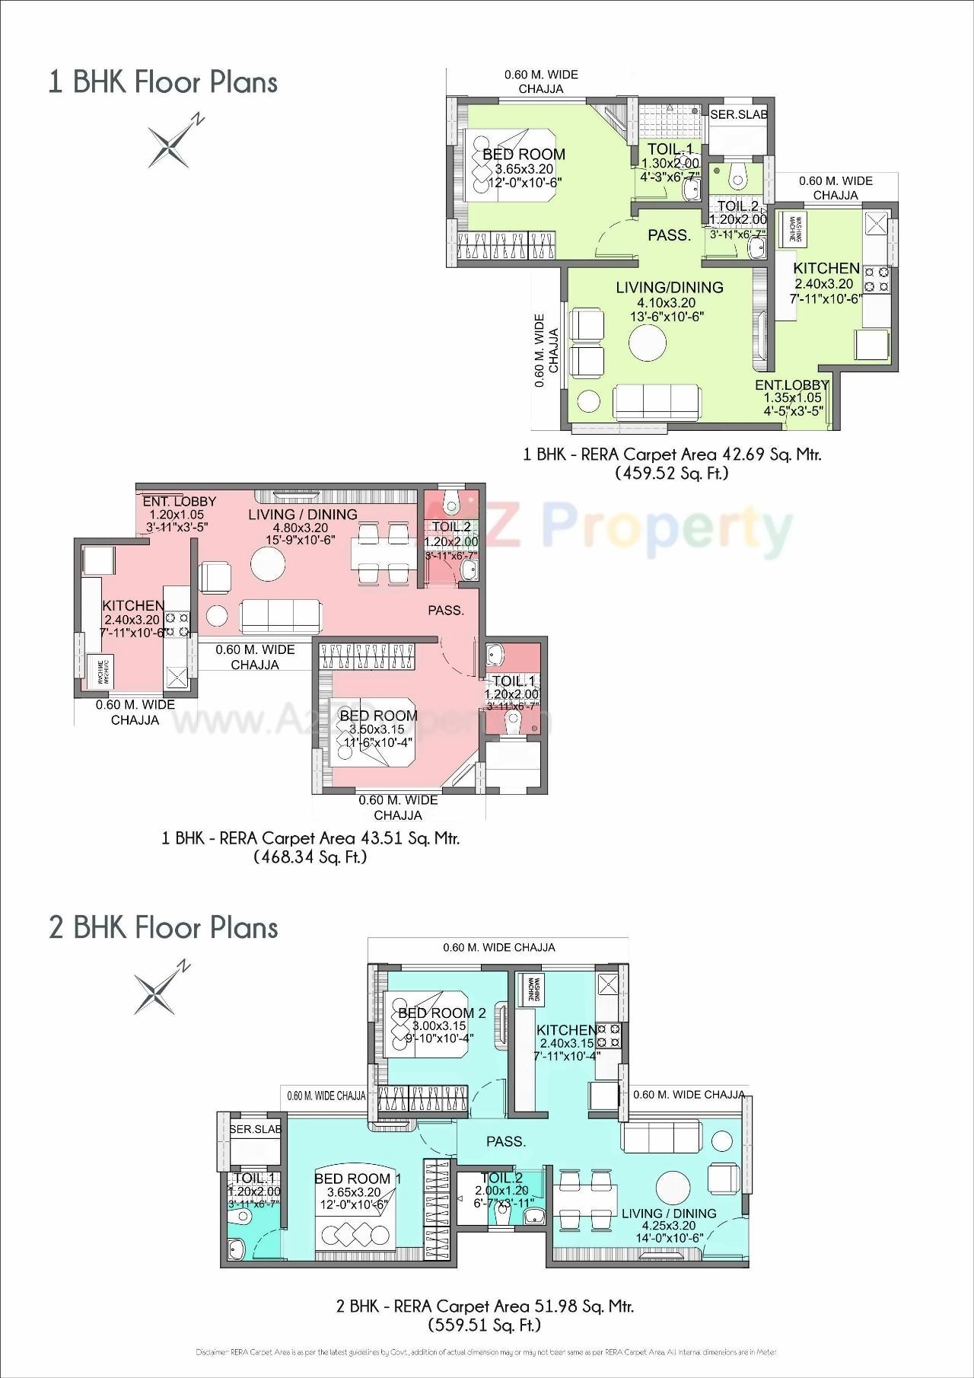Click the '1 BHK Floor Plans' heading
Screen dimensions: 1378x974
click(163, 82)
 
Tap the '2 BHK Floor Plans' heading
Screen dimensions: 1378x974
click(164, 927)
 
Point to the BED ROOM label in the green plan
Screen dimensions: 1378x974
click(524, 155)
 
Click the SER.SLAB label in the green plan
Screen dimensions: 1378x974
click(738, 115)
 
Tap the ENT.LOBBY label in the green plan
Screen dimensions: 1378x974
click(791, 385)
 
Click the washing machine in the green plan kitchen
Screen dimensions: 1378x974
click(793, 226)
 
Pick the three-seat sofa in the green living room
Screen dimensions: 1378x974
click(657, 400)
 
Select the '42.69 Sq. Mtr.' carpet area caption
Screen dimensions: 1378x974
click(672, 455)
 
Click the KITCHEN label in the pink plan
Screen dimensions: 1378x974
click(133, 605)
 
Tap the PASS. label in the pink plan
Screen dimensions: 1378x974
click(446, 610)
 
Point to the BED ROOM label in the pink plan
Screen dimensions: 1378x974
click(378, 716)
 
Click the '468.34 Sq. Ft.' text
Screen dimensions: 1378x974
click(310, 857)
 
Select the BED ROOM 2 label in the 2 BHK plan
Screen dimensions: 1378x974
click(441, 1013)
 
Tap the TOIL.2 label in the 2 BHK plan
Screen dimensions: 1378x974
click(501, 1178)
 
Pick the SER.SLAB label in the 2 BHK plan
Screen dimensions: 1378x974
click(256, 1129)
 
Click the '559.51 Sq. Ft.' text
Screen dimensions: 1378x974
click(485, 1325)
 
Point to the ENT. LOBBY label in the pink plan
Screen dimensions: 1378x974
click(180, 501)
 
